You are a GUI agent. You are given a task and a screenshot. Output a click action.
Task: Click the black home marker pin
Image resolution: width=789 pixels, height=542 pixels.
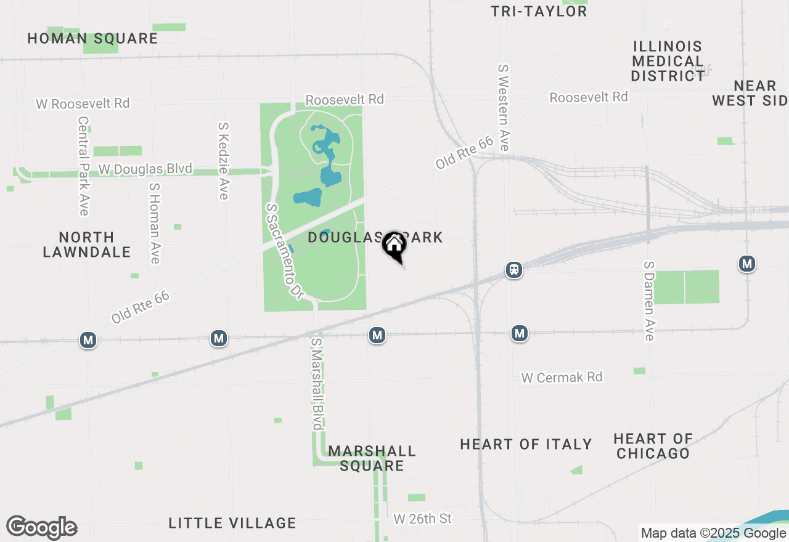click(x=394, y=247)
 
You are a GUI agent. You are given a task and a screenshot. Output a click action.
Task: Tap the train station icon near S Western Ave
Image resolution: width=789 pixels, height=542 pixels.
click(x=514, y=270)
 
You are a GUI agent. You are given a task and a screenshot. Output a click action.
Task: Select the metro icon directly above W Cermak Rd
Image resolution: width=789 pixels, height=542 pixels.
click(x=520, y=334)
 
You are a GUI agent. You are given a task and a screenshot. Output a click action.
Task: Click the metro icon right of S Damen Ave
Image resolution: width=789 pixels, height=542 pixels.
click(x=747, y=264)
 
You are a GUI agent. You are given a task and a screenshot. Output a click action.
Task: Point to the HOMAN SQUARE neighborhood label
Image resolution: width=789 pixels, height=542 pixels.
click(x=92, y=38)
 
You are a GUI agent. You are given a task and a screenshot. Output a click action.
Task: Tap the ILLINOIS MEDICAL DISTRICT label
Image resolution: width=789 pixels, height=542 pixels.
click(x=668, y=61)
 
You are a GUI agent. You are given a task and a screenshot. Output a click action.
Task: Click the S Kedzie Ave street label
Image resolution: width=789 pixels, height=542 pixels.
click(x=223, y=161)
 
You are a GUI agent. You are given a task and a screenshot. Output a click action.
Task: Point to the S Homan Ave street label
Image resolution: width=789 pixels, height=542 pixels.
click(x=154, y=222)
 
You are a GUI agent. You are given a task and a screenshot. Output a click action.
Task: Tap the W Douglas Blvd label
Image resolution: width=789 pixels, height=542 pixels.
click(x=145, y=169)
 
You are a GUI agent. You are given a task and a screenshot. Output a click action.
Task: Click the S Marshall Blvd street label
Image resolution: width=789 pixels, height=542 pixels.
click(x=317, y=383)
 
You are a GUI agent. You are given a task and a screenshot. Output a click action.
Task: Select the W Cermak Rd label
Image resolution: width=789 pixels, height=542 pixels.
click(x=562, y=377)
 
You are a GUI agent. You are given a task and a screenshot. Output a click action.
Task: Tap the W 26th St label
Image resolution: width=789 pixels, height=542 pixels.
click(x=423, y=519)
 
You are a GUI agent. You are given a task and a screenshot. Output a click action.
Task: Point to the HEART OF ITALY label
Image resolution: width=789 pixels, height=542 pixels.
click(x=526, y=444)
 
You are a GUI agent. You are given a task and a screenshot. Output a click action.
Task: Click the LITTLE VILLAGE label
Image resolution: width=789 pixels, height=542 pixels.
click(x=232, y=524)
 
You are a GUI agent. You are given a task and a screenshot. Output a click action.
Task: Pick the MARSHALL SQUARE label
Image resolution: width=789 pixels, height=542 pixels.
click(x=372, y=458)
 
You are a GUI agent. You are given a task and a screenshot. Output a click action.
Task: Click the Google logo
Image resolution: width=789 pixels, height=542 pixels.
click(x=41, y=528)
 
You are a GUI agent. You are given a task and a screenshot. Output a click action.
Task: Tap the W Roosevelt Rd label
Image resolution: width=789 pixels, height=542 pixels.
click(x=83, y=103)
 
